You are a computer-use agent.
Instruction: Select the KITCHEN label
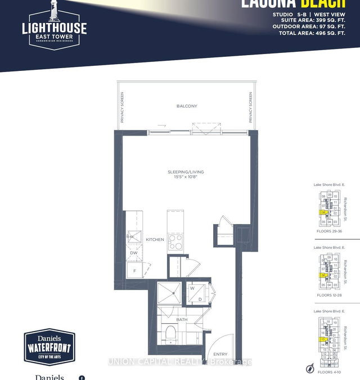[x=155, y=240]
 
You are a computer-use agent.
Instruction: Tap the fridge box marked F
[x=134, y=271]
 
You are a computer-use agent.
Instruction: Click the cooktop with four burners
[x=174, y=240]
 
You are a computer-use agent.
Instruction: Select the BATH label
[x=181, y=320]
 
